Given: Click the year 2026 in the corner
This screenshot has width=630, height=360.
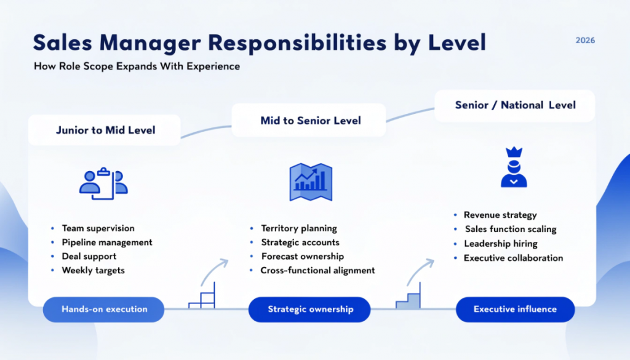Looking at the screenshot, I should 585,41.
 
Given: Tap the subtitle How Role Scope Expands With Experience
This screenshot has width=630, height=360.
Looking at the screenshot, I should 136,66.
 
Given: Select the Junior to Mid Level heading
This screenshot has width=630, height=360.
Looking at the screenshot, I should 105,130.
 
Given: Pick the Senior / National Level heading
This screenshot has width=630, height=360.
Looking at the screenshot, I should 515,105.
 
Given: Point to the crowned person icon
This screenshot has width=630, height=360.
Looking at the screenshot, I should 514,167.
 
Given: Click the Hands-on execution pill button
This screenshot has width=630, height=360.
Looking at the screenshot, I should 104,310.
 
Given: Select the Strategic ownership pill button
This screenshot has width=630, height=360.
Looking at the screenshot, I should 310,310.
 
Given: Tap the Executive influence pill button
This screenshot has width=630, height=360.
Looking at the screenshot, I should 515,310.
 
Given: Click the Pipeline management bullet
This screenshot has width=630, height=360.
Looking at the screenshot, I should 106,242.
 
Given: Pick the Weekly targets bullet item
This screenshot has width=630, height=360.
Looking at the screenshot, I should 93,271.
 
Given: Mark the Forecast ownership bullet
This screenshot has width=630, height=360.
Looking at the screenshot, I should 302,257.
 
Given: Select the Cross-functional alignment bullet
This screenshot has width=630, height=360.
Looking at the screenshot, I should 317,271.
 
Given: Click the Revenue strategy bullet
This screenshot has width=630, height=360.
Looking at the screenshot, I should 500,215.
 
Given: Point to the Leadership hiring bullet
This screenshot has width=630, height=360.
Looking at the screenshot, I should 500,244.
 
